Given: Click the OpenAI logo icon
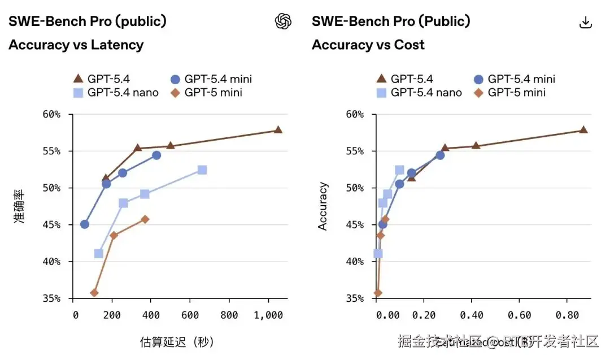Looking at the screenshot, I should point(283,21).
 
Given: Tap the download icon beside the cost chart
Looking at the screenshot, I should point(586,22).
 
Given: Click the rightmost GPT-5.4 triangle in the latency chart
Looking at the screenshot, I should point(278,130).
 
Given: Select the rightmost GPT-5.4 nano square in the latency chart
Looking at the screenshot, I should point(202,170).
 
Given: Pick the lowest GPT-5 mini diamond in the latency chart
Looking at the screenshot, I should point(94,293).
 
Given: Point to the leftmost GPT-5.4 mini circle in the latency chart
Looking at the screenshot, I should point(85,224).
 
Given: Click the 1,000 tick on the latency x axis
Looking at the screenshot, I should point(269,315).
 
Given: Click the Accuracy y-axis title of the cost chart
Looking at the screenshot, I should point(323,206).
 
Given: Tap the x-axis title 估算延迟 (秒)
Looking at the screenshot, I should point(177,342).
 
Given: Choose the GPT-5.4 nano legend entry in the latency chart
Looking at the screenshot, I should point(116,92).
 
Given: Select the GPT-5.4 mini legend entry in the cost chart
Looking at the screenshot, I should point(515,79).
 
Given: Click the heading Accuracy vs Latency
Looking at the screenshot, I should point(76,45).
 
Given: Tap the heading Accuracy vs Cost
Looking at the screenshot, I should point(368,45).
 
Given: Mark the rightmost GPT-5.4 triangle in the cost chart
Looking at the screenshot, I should point(583,130).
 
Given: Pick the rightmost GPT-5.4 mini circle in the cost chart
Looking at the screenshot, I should point(440,155).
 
